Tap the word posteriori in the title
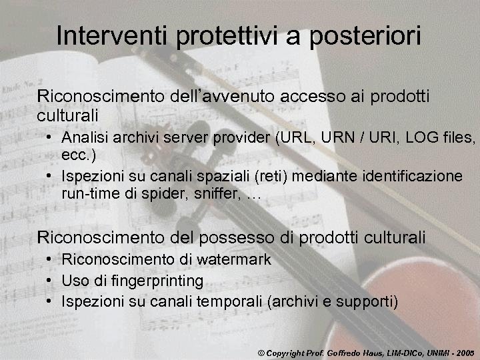363,37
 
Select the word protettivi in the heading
227,37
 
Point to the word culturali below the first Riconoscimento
67,115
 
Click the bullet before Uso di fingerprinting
51,281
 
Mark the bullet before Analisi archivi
51,138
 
